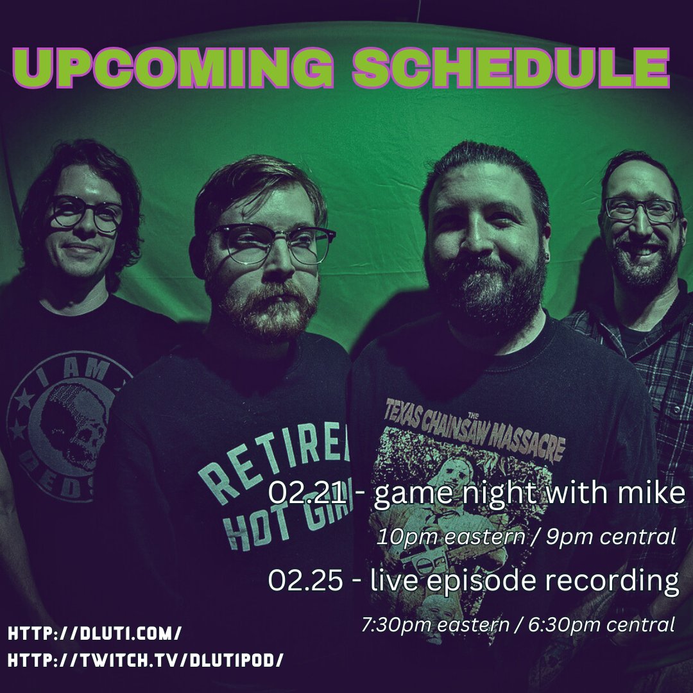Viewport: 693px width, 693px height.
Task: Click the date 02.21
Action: tap(307, 494)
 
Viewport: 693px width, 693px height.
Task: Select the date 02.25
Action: tap(307, 581)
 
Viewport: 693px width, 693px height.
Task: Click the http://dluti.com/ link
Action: tap(95, 635)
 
